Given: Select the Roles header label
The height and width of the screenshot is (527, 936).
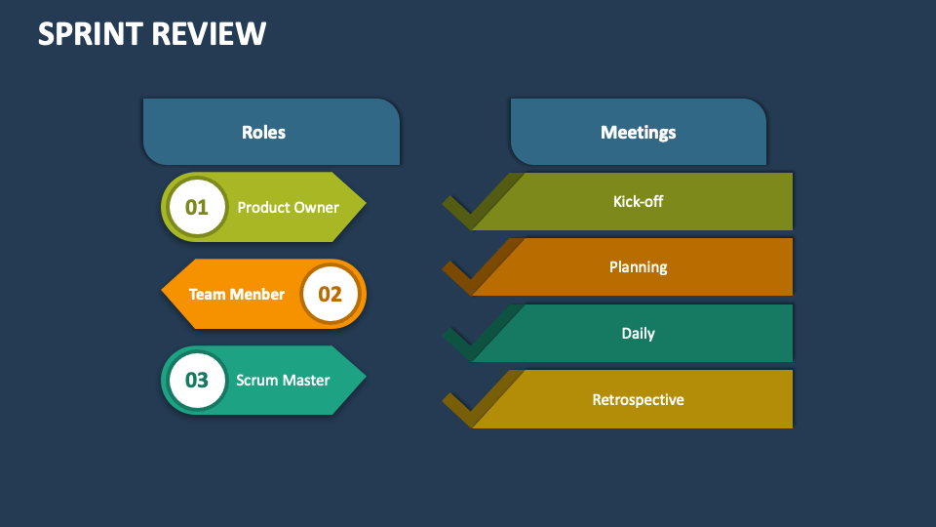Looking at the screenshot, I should pyautogui.click(x=263, y=132).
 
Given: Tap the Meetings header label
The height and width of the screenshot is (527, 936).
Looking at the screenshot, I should pyautogui.click(x=638, y=132).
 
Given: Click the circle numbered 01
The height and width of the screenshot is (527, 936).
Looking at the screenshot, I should pyautogui.click(x=197, y=207).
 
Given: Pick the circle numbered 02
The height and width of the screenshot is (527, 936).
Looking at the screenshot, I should pyautogui.click(x=331, y=294).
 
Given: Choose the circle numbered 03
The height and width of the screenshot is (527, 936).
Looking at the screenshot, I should pyautogui.click(x=197, y=380).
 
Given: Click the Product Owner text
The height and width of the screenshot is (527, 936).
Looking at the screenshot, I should pyautogui.click(x=288, y=207).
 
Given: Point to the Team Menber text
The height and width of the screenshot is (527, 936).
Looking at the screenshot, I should pyautogui.click(x=237, y=294).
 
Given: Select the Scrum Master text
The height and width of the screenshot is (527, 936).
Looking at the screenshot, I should pyautogui.click(x=283, y=380).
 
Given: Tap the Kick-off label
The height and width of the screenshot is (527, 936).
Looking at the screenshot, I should pyautogui.click(x=638, y=202).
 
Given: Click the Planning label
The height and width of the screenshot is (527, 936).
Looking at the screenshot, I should pyautogui.click(x=638, y=266).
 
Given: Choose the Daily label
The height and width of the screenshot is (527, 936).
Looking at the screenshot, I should pyautogui.click(x=638, y=333).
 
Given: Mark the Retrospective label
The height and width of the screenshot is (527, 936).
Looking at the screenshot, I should pyautogui.click(x=638, y=399).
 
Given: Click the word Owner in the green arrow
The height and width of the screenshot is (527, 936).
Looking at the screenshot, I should pyautogui.click(x=315, y=207).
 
